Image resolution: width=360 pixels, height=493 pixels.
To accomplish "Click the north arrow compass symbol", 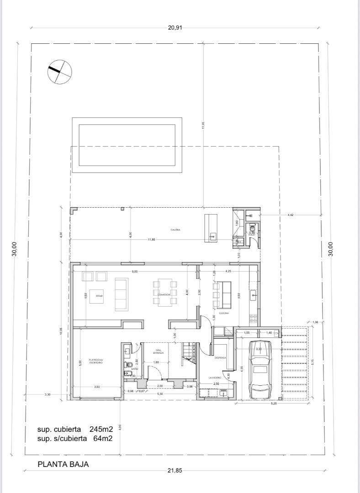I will click(x=60, y=72).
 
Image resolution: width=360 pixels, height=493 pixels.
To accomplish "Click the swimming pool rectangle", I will click(x=127, y=145).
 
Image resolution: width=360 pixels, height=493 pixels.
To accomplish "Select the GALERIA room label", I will click(x=175, y=230).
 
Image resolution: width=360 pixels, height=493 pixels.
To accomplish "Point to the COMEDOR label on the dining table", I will click(x=164, y=295).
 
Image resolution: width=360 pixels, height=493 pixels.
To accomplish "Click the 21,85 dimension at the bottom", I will click(x=175, y=471).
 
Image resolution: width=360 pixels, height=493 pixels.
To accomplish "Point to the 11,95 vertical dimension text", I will click(x=203, y=125).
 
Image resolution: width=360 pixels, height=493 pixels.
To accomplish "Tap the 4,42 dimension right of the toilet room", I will click(x=291, y=215).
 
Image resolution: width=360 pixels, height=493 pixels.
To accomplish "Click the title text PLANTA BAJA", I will click(x=63, y=464).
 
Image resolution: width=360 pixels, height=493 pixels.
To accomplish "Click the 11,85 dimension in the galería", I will click(x=151, y=239).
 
